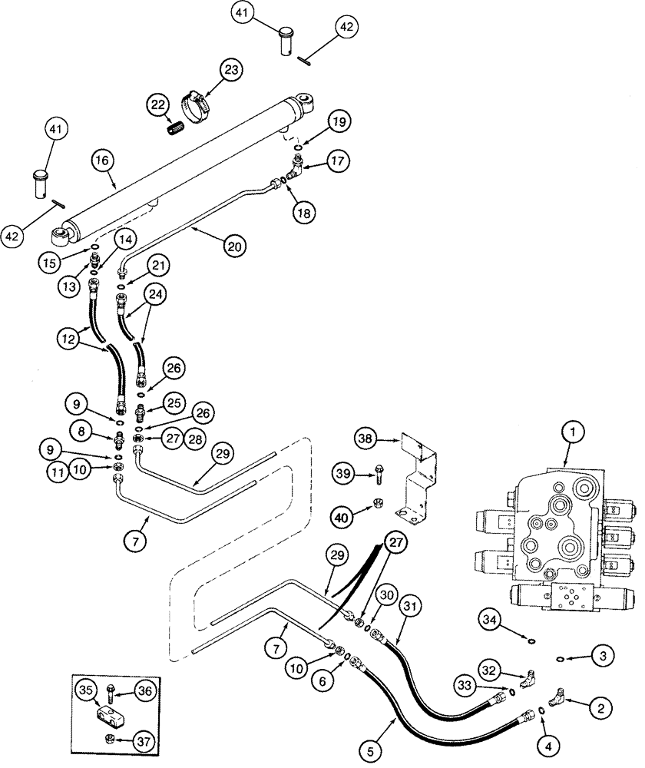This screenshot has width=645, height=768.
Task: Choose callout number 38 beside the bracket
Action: click(365, 439)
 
